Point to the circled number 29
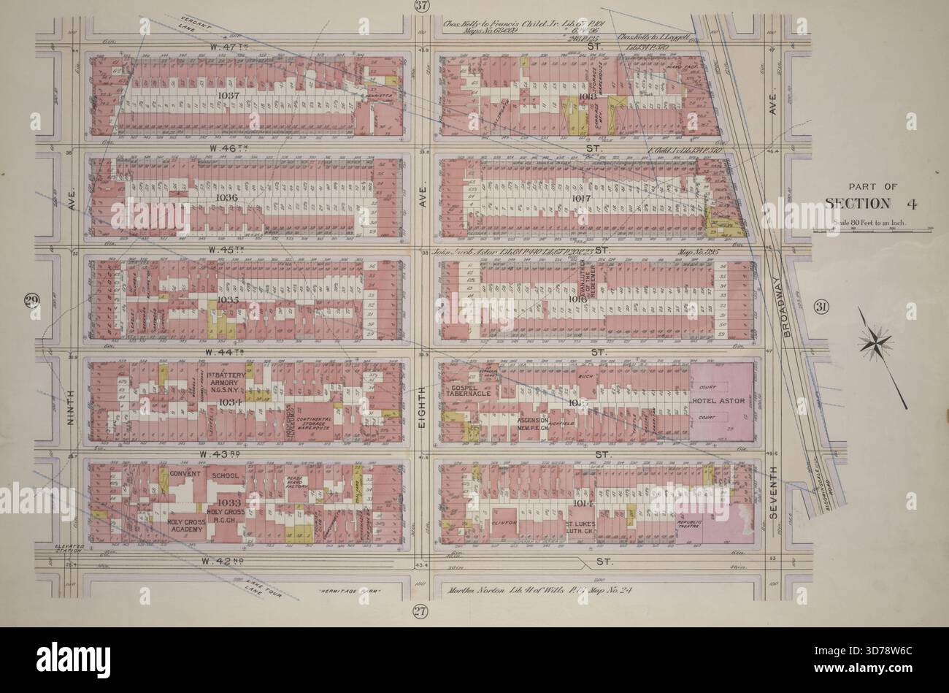(x=31, y=301)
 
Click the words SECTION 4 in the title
(x=867, y=203)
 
